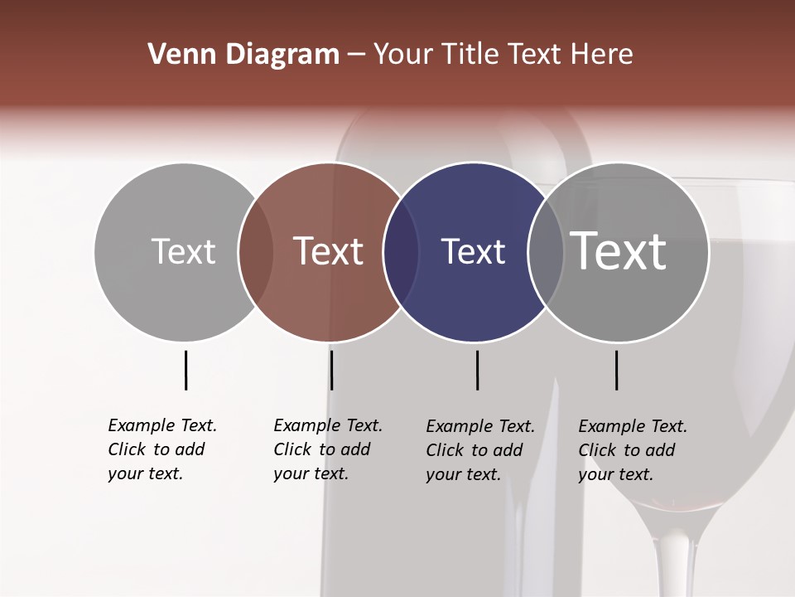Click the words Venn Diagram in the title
[243, 55]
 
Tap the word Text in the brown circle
[329, 251]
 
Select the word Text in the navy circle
[473, 252]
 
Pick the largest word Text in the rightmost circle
[619, 251]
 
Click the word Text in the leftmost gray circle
[183, 251]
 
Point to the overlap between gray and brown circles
[256, 252]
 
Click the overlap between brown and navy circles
[401, 252]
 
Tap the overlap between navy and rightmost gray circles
[546, 252]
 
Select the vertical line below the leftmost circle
[185, 370]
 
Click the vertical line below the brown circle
[331, 370]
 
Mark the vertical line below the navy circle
[477, 370]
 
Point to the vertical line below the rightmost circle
[616, 370]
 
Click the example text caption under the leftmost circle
[162, 449]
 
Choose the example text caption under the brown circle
[328, 449]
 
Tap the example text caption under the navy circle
[480, 450]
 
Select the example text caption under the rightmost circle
[633, 450]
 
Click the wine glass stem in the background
[674, 564]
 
